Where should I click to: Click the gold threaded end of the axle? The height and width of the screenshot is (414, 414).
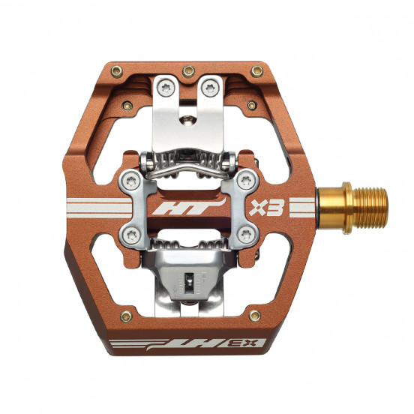tap(370, 208)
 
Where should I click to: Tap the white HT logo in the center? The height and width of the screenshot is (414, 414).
tap(189, 206)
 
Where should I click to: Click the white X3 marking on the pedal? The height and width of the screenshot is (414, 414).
tap(267, 208)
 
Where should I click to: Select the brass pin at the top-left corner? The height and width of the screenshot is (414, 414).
tap(117, 71)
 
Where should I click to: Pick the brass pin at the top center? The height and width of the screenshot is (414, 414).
tap(188, 70)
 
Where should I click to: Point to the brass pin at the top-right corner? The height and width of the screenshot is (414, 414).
tap(257, 70)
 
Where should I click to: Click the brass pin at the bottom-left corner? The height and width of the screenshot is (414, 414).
tap(126, 316)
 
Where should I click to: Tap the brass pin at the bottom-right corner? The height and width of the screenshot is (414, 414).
tap(255, 315)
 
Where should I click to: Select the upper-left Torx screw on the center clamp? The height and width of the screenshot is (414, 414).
tap(131, 181)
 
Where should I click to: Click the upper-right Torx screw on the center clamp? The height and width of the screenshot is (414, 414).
tap(246, 181)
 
